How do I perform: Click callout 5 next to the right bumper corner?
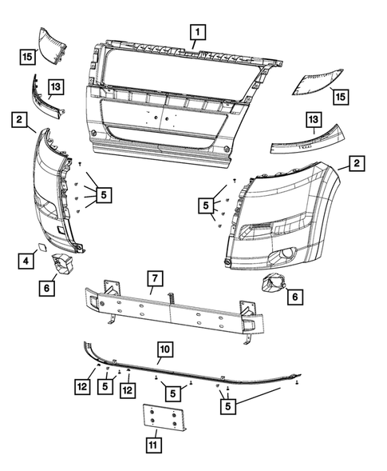coord(207,206)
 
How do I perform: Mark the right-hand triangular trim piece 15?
coord(318,83)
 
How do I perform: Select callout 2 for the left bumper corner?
coord(17,120)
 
